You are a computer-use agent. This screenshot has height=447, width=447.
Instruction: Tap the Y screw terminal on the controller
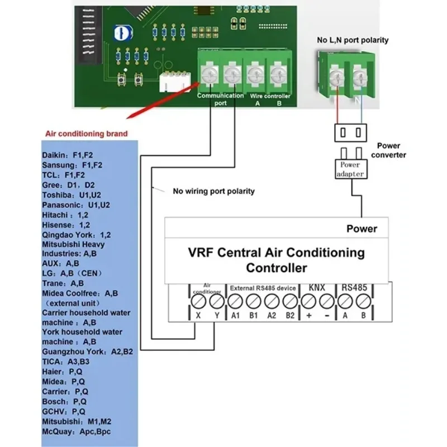tap(217, 302)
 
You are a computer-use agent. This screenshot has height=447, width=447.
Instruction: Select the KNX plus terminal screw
tap(308, 302)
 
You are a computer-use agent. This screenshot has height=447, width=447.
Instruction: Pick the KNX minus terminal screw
tap(326, 302)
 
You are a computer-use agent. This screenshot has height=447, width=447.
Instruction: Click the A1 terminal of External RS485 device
tap(235, 302)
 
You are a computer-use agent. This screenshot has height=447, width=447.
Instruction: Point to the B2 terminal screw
tap(289, 302)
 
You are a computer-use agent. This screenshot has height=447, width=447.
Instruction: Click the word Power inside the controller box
tap(362, 229)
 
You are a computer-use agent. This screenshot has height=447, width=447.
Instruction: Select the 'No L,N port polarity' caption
tap(353, 40)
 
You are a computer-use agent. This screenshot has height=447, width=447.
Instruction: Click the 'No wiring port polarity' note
tap(213, 191)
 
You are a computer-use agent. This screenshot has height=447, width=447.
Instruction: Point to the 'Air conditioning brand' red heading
tap(86, 134)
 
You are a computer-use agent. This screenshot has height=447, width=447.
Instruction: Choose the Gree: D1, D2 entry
tap(69, 185)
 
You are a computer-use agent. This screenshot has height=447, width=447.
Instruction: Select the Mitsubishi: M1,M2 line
tap(76, 421)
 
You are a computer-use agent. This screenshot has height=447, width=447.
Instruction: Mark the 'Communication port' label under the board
tap(220, 99)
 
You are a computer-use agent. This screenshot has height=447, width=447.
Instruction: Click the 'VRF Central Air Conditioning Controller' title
tap(277, 260)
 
